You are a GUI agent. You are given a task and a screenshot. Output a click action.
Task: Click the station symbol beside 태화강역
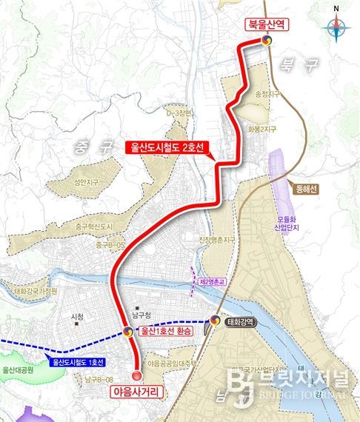click(x=215, y=321)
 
